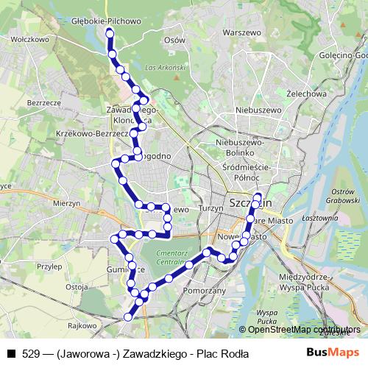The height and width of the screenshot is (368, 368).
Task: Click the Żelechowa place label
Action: coord(307,93)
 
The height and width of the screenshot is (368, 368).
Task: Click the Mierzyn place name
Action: coord(67,202)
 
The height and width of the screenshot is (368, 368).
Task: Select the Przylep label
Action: coord(49,267)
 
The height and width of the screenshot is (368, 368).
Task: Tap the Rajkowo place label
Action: coord(82,325)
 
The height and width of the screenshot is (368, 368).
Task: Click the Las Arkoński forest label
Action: coord(164,67)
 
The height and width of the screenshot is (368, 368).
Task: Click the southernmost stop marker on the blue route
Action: coord(128,317)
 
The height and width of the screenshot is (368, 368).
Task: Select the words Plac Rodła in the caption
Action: coord(223,354)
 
